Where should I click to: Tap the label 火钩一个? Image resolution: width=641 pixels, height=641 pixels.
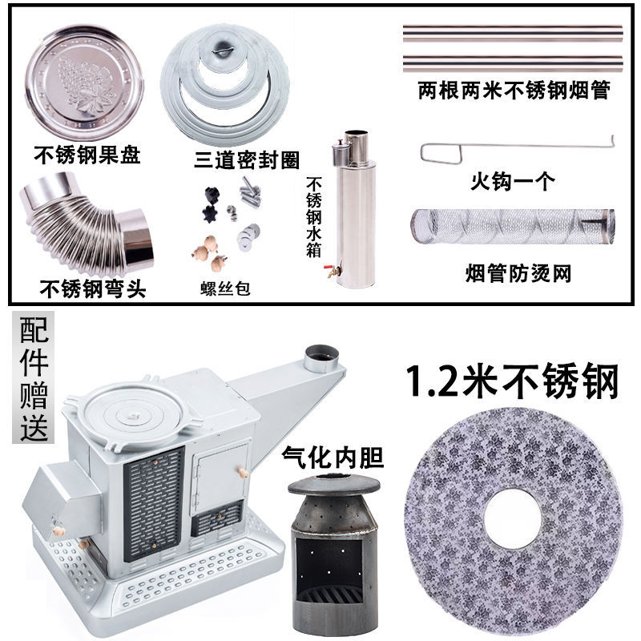tap(513, 181)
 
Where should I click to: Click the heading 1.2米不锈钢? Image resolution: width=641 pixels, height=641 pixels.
tap(513, 381)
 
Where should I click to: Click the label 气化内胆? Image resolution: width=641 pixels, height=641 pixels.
tap(333, 457)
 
